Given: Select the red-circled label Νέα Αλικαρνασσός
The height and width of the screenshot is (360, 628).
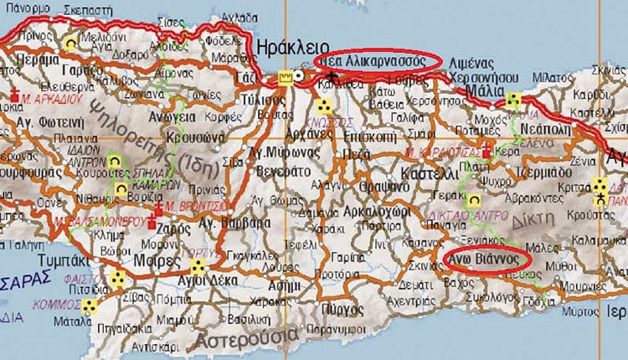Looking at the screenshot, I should tap(376, 61).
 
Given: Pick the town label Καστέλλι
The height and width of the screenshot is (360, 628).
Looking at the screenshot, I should tap(430, 172).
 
